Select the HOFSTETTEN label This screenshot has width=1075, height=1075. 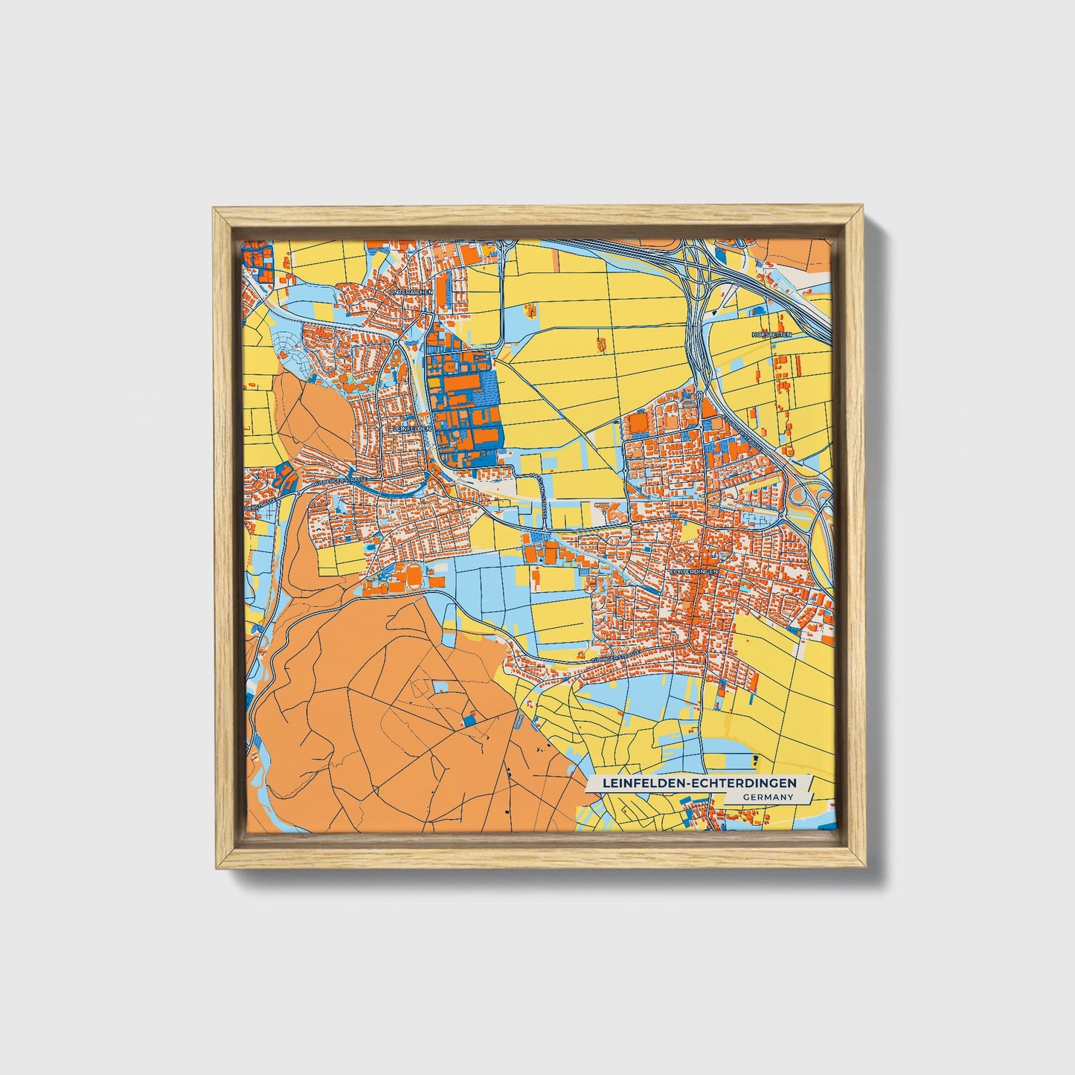[x=773, y=336]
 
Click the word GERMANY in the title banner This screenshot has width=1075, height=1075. [x=766, y=797]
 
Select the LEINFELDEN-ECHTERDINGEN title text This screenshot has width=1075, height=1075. [x=699, y=783]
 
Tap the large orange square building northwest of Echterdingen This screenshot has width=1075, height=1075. [x=638, y=425]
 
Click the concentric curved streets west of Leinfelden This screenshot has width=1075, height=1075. [x=287, y=353]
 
